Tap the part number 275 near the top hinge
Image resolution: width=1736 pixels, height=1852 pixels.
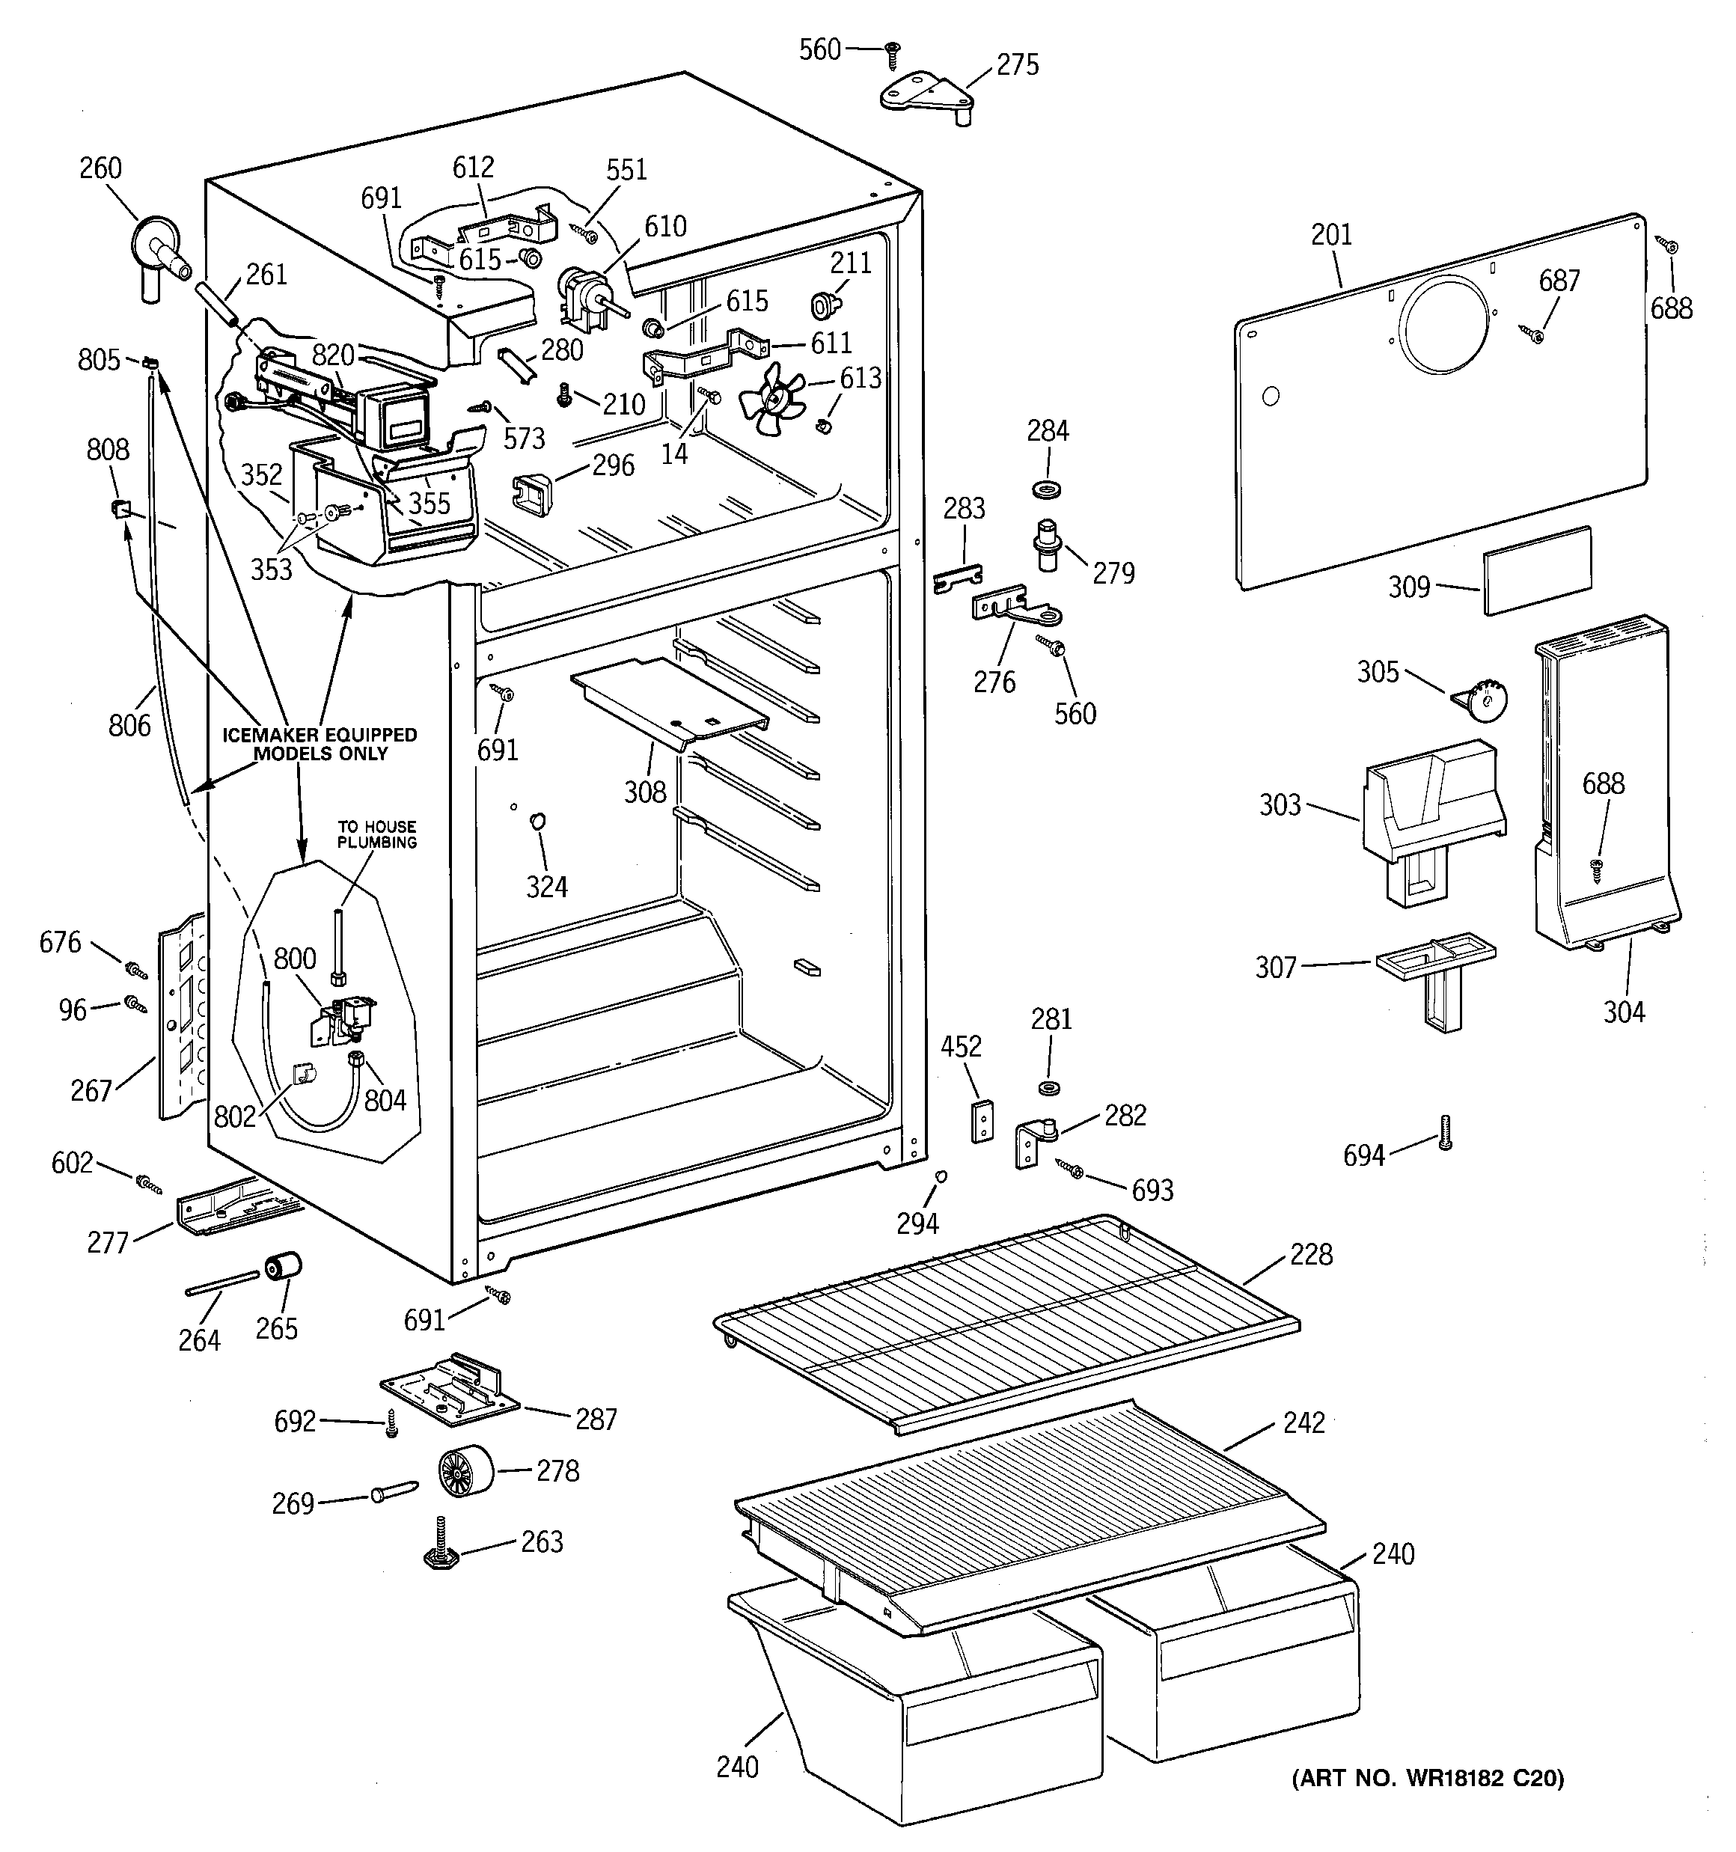click(1017, 65)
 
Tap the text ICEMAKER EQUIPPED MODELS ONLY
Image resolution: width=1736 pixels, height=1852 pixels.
click(319, 743)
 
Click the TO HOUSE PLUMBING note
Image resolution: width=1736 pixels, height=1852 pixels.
click(376, 834)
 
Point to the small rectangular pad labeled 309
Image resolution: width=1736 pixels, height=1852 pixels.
click(1537, 570)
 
